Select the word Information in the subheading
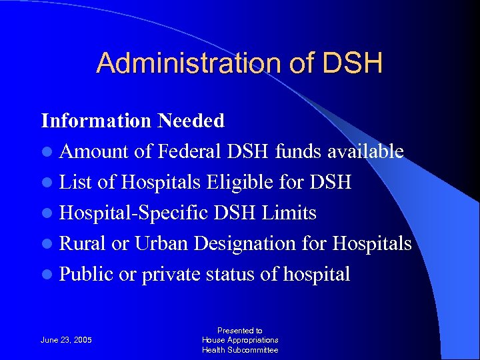tap(97, 121)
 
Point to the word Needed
tap(191, 121)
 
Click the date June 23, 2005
tap(67, 340)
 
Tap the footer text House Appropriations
tap(240, 340)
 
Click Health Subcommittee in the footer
tap(240, 350)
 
